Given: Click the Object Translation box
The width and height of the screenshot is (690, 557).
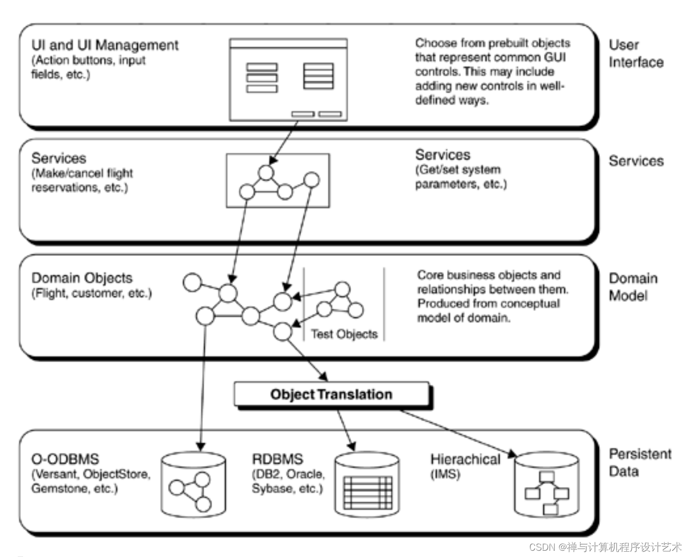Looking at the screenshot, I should pos(331,394).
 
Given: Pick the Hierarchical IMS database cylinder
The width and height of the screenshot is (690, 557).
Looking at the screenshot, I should pos(546,485).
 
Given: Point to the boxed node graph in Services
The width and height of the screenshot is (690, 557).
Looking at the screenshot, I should pos(278,180).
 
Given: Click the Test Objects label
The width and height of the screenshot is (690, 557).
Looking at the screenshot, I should pos(344,334).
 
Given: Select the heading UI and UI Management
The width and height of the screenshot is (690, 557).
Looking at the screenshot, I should pos(105,45).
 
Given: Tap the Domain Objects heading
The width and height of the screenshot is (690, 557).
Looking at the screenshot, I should pos(82,278).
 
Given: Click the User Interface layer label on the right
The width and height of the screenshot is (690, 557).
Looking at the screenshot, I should pos(636,53).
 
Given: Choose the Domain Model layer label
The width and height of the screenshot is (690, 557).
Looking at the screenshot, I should pos(632,287).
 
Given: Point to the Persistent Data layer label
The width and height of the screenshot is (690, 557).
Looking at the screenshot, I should pos(639,462).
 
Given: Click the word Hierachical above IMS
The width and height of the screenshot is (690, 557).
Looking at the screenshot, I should pos(465,459).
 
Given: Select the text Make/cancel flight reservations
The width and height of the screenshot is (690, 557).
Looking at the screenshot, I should pos(82,180).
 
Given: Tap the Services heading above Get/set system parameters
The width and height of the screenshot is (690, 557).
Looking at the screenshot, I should pos(443,155).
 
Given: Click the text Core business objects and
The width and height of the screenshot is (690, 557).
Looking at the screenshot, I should pos(488,275).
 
